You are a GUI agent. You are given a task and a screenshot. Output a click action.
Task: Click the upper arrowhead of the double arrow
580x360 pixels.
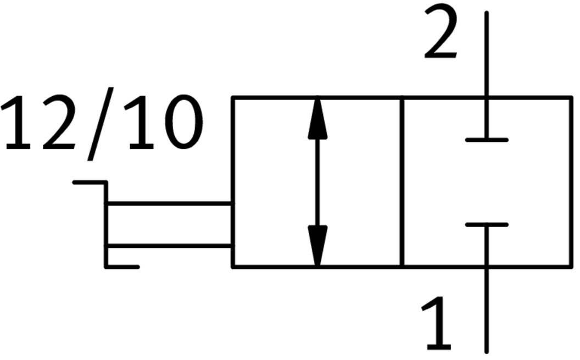coord(317,118)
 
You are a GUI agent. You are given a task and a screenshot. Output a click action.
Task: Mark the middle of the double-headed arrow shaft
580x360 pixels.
coord(317,182)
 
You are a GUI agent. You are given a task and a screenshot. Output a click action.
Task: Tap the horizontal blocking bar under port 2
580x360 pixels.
coord(487,140)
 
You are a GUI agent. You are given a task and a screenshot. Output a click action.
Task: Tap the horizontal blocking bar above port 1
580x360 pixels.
coord(487,224)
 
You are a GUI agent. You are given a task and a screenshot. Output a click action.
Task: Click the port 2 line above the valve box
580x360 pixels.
coord(487,55)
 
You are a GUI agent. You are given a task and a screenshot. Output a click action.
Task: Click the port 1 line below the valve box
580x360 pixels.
coord(487,311)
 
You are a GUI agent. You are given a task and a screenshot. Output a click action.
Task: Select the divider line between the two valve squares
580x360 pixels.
coord(402,182)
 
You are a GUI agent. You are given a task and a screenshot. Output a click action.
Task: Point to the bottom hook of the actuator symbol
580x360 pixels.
coord(122,267)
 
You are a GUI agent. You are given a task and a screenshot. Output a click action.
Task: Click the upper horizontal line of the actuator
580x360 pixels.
coord(170,203)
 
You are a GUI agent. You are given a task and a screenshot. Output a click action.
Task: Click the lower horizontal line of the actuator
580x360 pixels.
coord(170,246)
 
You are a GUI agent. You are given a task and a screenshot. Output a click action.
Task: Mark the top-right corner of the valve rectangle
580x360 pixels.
coord(572,97)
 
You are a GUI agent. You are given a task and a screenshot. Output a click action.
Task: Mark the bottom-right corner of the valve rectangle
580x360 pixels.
coord(572,267)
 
